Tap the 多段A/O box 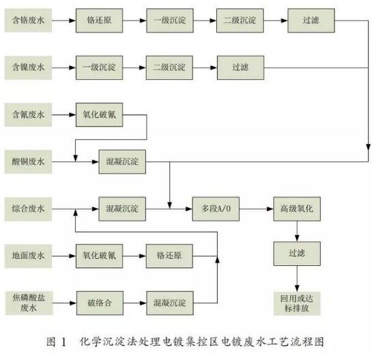(x=216, y=207)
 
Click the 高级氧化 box (x=296, y=207)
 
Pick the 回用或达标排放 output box (x=296, y=302)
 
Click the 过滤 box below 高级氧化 (x=296, y=253)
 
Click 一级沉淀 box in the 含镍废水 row (x=98, y=68)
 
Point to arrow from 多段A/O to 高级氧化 (x=255, y=207)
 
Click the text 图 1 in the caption (x=57, y=340)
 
